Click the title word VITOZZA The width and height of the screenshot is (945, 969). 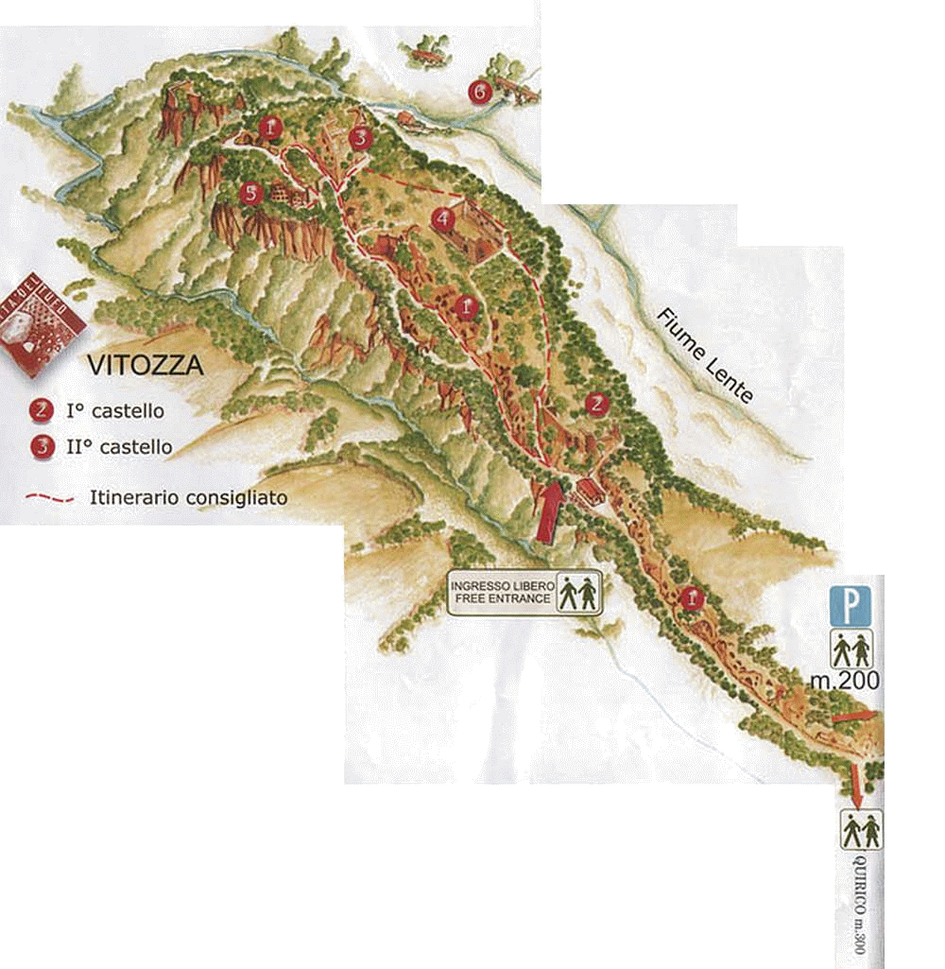[145, 365]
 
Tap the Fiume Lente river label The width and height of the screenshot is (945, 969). [706, 355]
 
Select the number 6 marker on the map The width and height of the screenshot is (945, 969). [479, 92]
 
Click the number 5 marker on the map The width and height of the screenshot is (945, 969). [249, 194]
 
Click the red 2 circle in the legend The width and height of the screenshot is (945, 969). [41, 411]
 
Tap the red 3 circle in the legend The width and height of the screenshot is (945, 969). [41, 446]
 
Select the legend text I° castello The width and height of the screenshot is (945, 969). [114, 411]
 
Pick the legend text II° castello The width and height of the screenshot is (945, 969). [118, 446]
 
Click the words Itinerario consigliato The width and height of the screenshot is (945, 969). [188, 496]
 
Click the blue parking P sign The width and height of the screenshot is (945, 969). [850, 606]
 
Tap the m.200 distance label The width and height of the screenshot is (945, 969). [846, 680]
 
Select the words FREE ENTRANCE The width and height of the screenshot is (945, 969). [501, 599]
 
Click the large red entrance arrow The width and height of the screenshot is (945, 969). [549, 511]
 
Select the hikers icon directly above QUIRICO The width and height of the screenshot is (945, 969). [861, 829]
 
